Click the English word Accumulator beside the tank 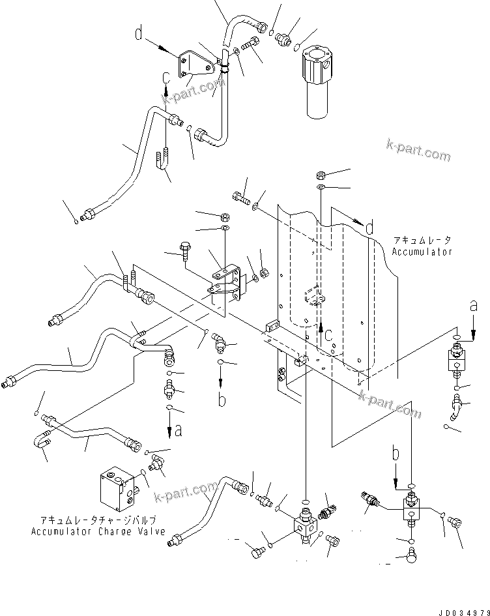422,251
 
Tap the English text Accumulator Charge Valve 97,531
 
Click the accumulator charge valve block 119,486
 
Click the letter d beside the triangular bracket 138,33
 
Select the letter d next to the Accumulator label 369,228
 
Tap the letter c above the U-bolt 167,78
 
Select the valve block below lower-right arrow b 411,509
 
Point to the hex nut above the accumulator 321,175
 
